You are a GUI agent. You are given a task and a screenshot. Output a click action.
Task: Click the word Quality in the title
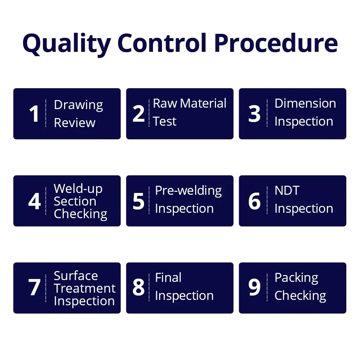[67, 44]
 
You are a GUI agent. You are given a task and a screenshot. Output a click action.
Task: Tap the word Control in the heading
[162, 43]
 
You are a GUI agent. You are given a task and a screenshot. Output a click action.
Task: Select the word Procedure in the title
[276, 43]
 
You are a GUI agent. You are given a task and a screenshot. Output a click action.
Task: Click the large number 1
[34, 113]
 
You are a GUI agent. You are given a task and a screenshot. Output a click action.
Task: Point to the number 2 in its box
[139, 113]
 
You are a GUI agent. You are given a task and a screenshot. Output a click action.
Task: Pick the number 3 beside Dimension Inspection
[255, 113]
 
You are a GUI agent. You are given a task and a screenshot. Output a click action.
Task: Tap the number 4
[35, 201]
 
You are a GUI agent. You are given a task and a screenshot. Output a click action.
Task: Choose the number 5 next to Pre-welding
[139, 201]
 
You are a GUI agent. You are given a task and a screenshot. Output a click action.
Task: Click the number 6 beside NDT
[255, 201]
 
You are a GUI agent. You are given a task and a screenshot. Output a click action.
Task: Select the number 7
[34, 287]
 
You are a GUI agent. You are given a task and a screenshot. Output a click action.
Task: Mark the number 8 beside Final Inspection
[139, 287]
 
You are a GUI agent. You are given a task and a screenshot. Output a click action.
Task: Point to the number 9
[255, 287]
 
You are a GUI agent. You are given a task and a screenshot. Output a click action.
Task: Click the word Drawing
[78, 105]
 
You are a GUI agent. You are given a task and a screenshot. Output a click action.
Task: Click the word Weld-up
[78, 189]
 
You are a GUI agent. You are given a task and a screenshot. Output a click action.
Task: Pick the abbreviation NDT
[287, 190]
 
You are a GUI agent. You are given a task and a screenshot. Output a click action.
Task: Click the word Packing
[296, 278]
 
